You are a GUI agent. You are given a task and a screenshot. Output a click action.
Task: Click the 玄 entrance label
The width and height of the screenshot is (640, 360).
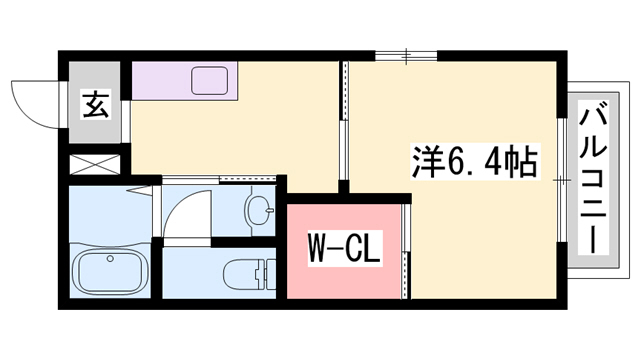click(x=95, y=103)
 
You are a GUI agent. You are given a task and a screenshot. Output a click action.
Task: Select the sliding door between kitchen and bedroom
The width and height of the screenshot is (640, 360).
click(x=345, y=120)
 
